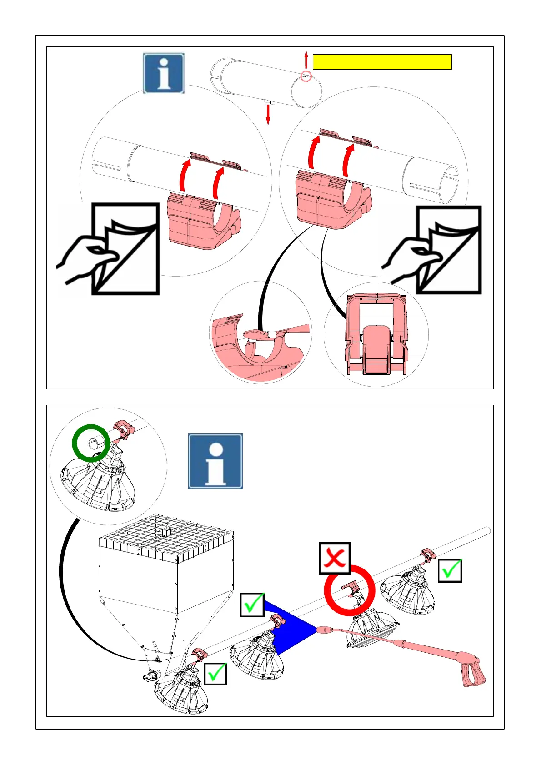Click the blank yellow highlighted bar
point(382,62)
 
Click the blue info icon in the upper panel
point(164,73)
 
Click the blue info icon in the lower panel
point(215,461)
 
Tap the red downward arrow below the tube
point(268,115)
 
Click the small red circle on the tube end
point(307,76)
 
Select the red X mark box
point(335,558)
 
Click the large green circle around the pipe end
point(91,443)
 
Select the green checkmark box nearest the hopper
point(215,673)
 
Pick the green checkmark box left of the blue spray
point(252,605)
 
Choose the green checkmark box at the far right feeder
point(450,570)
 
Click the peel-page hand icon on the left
point(109,249)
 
